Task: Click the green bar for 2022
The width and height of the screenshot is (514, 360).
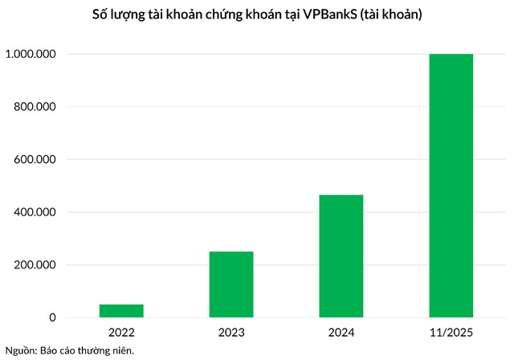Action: pyautogui.click(x=121, y=311)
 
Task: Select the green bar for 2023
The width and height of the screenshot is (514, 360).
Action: pyautogui.click(x=231, y=284)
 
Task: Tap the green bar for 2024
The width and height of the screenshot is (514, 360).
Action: pyautogui.click(x=341, y=256)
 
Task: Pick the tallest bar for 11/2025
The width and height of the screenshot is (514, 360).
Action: pyautogui.click(x=451, y=186)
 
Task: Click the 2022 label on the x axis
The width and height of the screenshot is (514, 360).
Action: pyautogui.click(x=121, y=331)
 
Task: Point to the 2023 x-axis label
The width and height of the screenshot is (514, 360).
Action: pyautogui.click(x=231, y=331)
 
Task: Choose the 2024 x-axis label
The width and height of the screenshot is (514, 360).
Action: pyautogui.click(x=341, y=331)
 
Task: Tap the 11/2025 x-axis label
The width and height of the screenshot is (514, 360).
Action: pyautogui.click(x=451, y=331)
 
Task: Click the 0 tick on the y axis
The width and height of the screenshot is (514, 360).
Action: pyautogui.click(x=52, y=318)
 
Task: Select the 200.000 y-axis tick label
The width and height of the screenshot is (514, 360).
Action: pyautogui.click(x=33, y=265)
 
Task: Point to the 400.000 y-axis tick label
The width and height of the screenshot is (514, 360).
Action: pyautogui.click(x=33, y=212)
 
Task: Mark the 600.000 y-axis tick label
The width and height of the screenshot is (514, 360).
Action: pyautogui.click(x=33, y=159)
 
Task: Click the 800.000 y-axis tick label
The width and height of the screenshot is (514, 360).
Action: pyautogui.click(x=33, y=107)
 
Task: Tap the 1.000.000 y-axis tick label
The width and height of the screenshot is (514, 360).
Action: pyautogui.click(x=30, y=54)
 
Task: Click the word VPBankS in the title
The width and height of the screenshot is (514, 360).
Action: pyautogui.click(x=330, y=15)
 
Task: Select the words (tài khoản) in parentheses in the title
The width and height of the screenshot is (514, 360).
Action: pyautogui.click(x=389, y=15)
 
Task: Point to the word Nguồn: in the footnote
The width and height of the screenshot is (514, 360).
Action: pyautogui.click(x=22, y=350)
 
